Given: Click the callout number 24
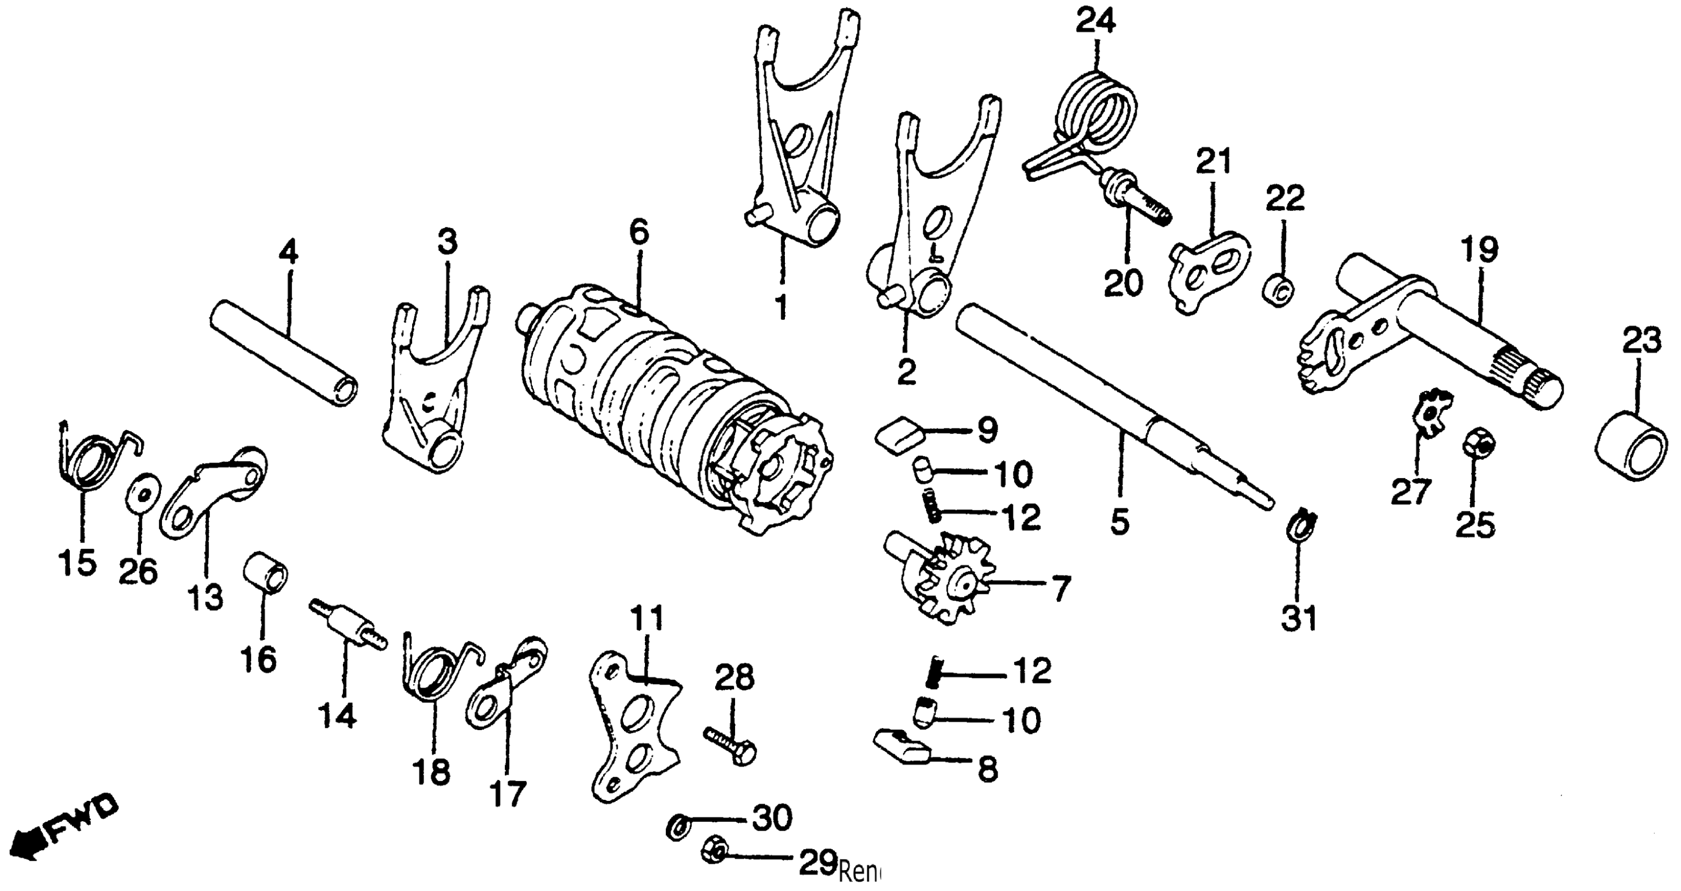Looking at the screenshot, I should [x=1096, y=21].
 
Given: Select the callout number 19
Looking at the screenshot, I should [x=1479, y=250].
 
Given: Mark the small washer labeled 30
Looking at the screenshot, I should [x=678, y=827].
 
